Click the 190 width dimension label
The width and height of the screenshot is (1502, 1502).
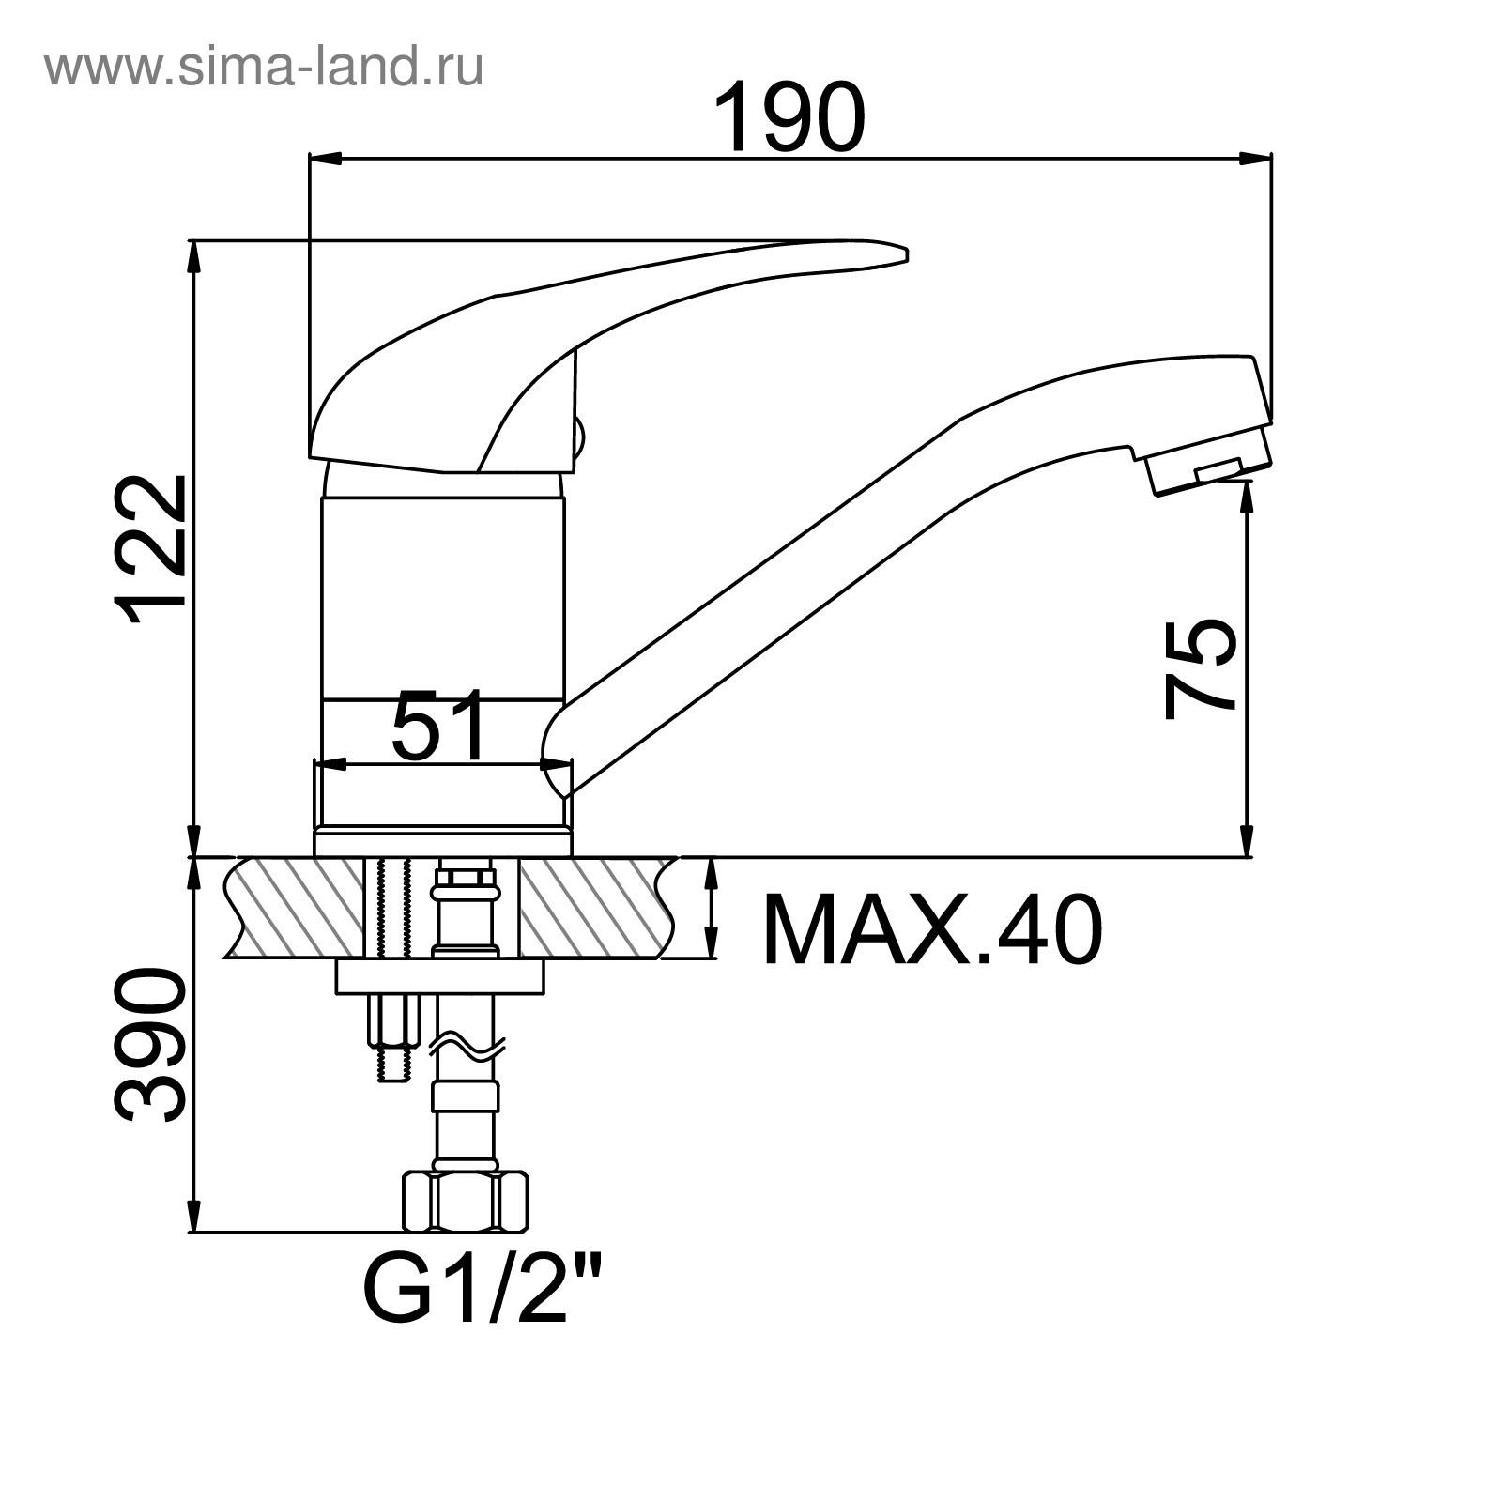point(789,116)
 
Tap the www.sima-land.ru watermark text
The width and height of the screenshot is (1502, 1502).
point(264,68)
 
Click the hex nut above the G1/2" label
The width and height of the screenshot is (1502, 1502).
point(464,1202)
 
